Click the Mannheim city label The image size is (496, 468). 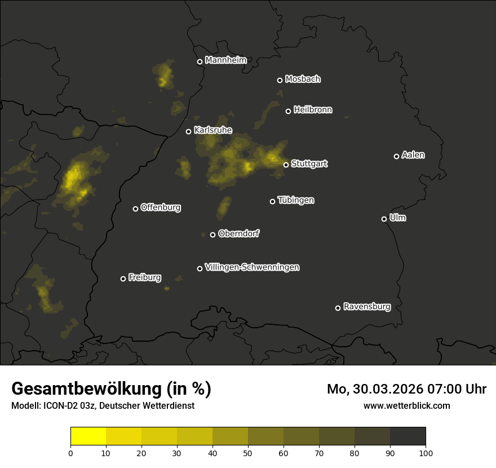point(226,60)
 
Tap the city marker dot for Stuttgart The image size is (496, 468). point(286,165)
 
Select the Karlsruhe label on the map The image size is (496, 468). point(213,130)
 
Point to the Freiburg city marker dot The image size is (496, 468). point(123,279)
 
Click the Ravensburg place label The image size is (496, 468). point(367,307)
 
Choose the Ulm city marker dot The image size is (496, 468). point(384,219)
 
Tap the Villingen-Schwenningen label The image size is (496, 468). point(253,267)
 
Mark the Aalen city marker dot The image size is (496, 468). point(396,156)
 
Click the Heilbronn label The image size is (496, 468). point(313,110)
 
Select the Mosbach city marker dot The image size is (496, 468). point(280,80)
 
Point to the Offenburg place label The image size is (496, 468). point(161,207)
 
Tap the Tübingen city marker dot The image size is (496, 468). point(272,201)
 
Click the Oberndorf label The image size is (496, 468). point(239,233)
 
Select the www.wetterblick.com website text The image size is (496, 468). point(407,405)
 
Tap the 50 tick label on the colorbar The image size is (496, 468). point(248,453)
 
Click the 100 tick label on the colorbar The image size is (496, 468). point(426,453)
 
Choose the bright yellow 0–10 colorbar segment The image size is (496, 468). point(88,436)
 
